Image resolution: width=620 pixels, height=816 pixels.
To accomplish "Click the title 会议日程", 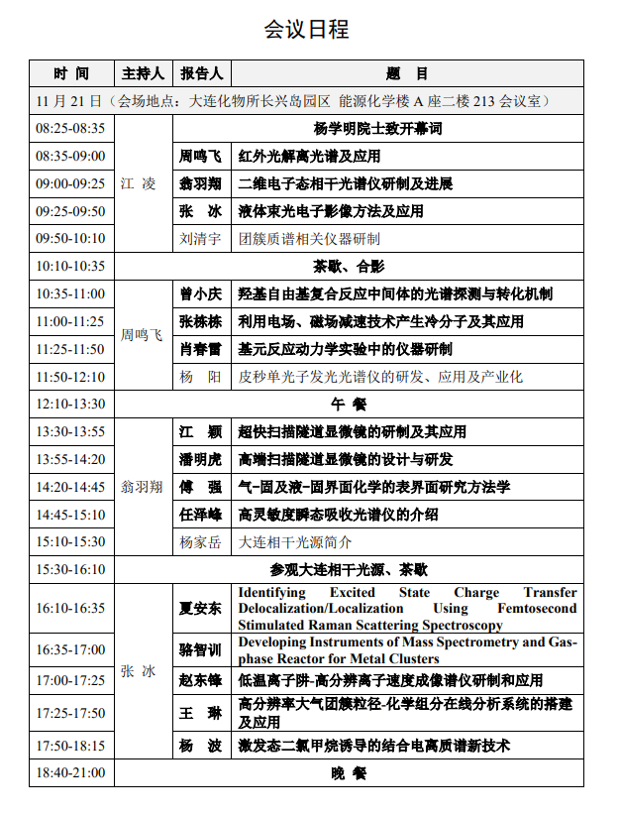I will (306, 29).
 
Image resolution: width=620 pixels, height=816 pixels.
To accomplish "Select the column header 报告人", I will (202, 73).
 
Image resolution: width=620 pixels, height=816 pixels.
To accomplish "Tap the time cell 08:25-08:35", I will (70, 129).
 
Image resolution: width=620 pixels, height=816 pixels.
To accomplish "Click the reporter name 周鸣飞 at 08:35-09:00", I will (201, 157).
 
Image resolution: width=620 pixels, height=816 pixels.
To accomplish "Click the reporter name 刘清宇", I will (201, 239).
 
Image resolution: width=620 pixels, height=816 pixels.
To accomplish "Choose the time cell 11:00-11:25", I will (70, 321).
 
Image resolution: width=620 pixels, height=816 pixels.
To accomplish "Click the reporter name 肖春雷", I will (201, 349).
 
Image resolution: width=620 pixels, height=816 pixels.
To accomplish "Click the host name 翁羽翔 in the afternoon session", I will (142, 487).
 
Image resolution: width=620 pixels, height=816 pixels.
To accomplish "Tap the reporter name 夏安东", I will (201, 608).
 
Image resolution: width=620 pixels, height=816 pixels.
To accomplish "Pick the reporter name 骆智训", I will (201, 649).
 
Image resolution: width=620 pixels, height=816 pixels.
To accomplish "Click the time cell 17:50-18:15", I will (70, 746).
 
